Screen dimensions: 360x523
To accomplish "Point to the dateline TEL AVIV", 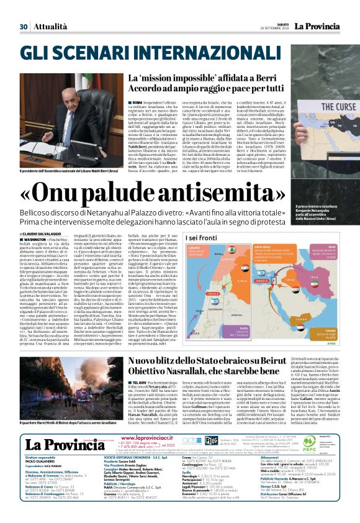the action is [140, 383].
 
